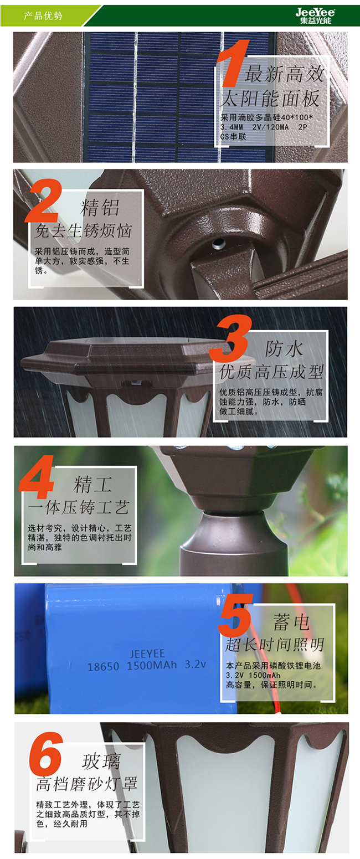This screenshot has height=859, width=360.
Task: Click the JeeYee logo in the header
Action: coord(315,16)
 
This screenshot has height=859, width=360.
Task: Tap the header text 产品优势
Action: coord(43,16)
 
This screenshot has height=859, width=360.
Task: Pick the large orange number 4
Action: coord(37,477)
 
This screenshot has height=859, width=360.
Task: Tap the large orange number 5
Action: coord(235,616)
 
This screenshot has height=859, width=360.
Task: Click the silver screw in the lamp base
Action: coord(219,243)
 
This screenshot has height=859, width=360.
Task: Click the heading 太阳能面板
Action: coord(270,99)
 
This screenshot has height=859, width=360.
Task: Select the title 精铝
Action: coord(100,208)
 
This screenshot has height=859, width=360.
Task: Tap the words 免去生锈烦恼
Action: coord(83,231)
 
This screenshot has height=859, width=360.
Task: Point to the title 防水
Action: coord(284,348)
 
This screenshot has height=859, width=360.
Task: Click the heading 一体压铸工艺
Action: coord(79,507)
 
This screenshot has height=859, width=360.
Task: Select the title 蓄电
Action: coord(291,621)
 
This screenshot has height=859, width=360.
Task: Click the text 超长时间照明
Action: coord(275,645)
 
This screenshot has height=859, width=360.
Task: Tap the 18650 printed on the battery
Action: coord(103,667)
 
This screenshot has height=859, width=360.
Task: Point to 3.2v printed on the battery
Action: coord(196,664)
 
